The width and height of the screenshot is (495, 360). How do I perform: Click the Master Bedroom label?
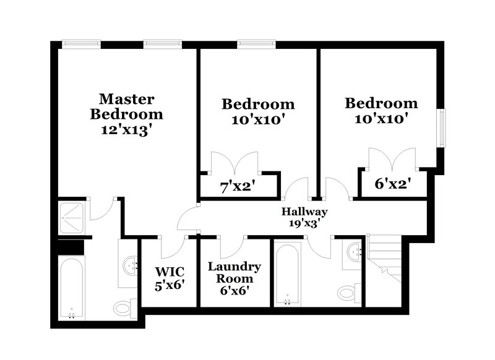(126, 106)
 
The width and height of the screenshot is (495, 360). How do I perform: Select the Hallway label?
(304, 212)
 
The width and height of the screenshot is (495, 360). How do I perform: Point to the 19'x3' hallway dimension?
(304, 223)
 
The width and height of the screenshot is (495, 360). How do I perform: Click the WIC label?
(169, 271)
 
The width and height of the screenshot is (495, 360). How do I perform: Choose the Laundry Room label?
(234, 273)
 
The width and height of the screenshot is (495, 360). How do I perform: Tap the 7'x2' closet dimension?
(238, 185)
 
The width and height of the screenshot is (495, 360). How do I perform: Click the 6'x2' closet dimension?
(393, 184)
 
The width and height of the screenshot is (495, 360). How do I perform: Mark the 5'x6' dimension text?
(169, 286)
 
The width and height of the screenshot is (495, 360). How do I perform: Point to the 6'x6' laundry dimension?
(234, 290)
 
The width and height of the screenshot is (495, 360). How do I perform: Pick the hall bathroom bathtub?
(287, 274)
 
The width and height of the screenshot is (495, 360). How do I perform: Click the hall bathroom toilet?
(348, 291)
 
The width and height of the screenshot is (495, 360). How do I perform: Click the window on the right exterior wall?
(442, 128)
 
